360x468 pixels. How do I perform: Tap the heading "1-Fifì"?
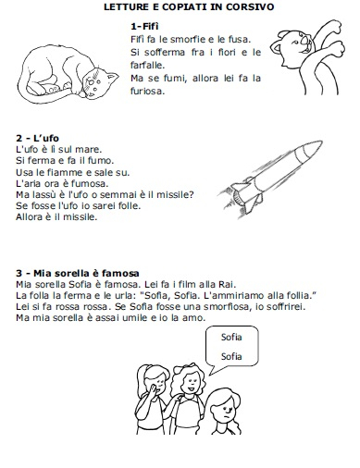(144, 27)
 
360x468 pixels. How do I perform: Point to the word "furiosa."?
(146, 91)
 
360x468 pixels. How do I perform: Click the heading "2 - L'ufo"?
(37, 138)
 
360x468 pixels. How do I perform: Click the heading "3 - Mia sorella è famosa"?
(78, 273)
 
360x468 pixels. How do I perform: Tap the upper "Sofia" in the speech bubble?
(231, 337)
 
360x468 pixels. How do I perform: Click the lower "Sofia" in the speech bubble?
(231, 356)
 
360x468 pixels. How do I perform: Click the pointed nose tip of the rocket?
(322, 142)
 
